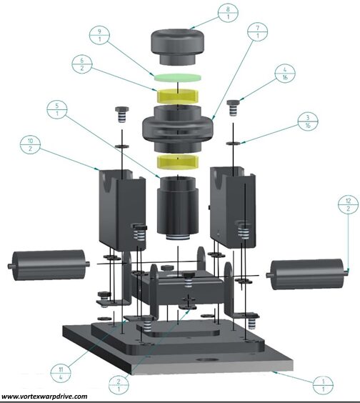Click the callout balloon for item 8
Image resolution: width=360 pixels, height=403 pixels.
click(x=228, y=13)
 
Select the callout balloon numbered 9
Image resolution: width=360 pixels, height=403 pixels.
click(x=99, y=36)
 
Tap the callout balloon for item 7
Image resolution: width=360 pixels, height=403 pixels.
click(x=257, y=31)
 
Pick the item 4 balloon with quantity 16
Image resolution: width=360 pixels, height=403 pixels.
click(x=285, y=74)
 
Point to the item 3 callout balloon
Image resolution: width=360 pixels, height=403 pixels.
click(x=308, y=121)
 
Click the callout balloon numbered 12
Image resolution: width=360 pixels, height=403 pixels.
click(x=348, y=204)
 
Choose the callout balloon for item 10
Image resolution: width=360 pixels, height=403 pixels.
click(x=30, y=144)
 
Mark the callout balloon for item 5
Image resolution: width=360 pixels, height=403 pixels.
click(x=57, y=109)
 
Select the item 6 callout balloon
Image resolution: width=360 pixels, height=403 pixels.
click(x=82, y=64)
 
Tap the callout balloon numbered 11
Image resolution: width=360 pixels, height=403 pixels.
click(x=61, y=374)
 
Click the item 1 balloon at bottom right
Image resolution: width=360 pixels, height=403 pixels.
click(x=324, y=384)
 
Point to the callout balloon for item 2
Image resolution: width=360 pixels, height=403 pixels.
click(x=119, y=385)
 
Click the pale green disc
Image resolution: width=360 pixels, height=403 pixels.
click(x=178, y=77)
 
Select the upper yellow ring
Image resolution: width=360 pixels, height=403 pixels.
click(x=178, y=96)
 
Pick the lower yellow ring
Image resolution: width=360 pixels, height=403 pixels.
click(x=178, y=162)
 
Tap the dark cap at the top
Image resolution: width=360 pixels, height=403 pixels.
click(x=177, y=46)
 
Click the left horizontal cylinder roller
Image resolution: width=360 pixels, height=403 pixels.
click(x=49, y=264)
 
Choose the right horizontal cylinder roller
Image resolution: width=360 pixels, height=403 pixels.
click(x=307, y=274)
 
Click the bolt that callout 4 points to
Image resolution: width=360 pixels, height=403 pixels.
click(x=233, y=108)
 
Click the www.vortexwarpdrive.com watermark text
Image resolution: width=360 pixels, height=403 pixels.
click(x=44, y=397)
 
